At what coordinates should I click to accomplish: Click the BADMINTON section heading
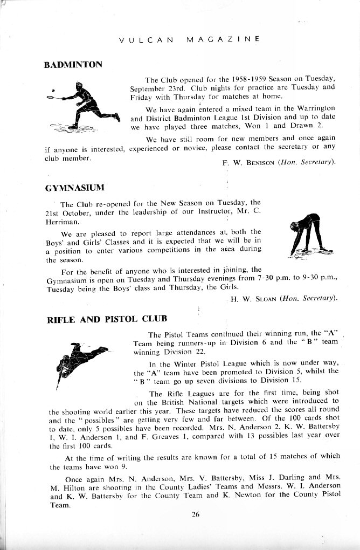tap(73, 64)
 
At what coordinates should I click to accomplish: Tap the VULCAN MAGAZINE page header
tap(189, 39)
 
